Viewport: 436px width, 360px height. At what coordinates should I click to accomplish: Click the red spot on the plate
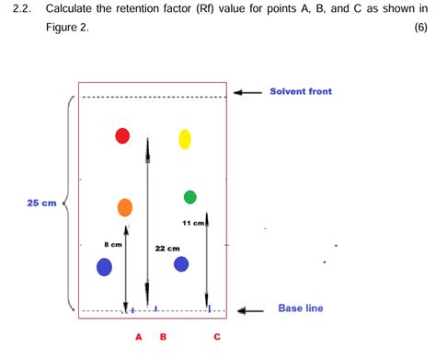[122, 136]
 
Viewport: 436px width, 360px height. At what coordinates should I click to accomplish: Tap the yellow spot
[184, 139]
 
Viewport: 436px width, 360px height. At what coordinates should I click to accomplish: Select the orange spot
[125, 207]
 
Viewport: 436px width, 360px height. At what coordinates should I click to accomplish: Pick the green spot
[190, 197]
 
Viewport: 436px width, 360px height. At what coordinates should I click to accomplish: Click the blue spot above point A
[104, 267]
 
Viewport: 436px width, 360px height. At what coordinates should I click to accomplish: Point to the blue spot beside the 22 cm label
[181, 264]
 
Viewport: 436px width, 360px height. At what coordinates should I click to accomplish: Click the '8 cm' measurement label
[113, 244]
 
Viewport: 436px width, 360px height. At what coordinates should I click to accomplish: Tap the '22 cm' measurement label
[166, 248]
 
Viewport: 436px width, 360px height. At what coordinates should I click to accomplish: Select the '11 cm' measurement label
[192, 223]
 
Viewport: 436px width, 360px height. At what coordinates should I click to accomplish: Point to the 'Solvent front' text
[301, 91]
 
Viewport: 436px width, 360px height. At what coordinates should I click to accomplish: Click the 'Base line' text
[301, 308]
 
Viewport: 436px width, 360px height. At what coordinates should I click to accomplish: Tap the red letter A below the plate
[138, 337]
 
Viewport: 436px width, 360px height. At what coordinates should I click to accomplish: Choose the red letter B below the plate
[164, 337]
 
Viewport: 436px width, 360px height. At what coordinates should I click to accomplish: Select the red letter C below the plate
[217, 337]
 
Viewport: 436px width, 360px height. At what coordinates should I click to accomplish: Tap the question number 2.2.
[22, 11]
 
